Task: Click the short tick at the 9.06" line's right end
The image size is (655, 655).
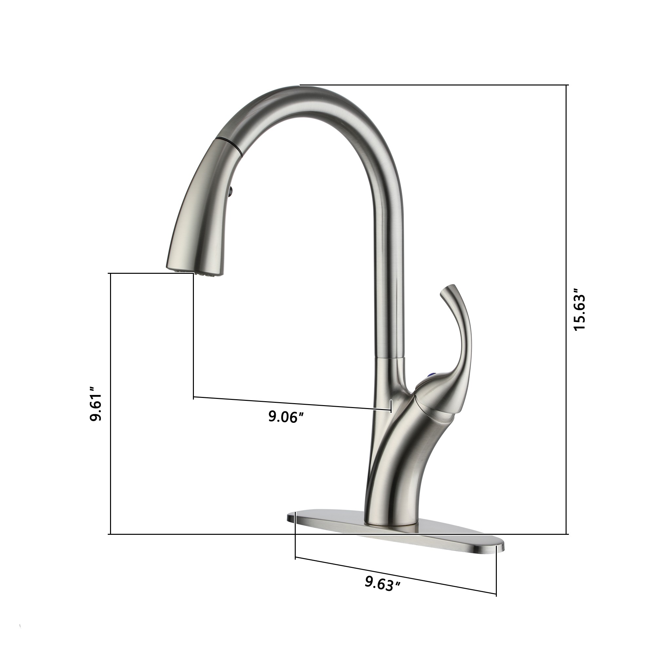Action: tap(392, 406)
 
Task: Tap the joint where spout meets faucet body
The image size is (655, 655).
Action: tap(389, 358)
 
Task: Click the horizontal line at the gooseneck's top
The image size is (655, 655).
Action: tap(434, 85)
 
